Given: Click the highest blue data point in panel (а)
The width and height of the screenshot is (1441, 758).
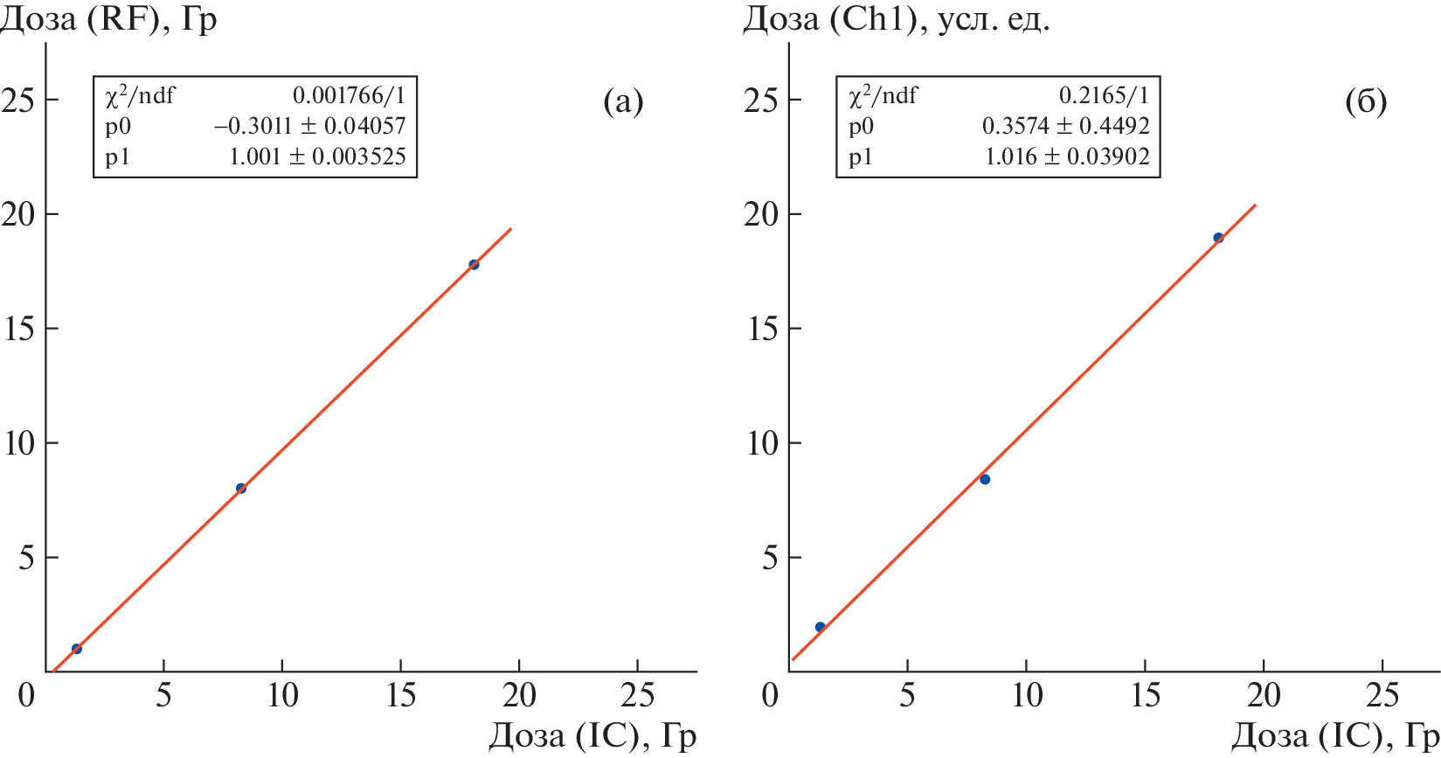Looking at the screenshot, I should click(x=474, y=265).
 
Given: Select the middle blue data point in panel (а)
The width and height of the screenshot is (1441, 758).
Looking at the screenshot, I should click(x=241, y=489).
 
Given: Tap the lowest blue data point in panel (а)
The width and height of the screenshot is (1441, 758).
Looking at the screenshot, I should click(x=77, y=649).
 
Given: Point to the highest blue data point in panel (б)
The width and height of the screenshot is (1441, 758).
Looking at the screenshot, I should click(x=1218, y=238).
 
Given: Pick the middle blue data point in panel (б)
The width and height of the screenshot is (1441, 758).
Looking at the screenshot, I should click(x=985, y=479).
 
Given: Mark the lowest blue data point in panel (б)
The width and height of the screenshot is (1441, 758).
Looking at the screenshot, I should click(x=820, y=627).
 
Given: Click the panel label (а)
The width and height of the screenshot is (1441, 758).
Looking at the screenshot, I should click(x=623, y=102).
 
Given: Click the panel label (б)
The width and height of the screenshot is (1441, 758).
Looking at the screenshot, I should click(x=1366, y=102).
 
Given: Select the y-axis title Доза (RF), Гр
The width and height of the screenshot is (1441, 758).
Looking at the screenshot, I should click(x=108, y=19).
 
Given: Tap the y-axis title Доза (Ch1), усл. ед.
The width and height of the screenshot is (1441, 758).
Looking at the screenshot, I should click(x=897, y=19).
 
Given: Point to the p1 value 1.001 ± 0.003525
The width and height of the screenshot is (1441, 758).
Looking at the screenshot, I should click(x=317, y=156).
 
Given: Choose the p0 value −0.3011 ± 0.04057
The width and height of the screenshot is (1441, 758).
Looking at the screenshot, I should click(x=310, y=126).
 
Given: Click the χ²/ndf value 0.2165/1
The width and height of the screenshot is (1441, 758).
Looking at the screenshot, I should click(x=1104, y=94).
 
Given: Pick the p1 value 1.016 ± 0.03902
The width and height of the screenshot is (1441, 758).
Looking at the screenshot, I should click(x=1067, y=156).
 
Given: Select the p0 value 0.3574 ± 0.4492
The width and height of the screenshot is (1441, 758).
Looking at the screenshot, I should click(x=1065, y=126).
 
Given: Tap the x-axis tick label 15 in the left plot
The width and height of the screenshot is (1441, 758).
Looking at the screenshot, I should click(x=400, y=696).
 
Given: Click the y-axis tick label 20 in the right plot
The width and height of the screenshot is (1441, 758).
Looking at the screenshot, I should click(x=761, y=214).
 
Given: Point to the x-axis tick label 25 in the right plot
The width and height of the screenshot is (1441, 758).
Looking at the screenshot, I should click(x=1382, y=696).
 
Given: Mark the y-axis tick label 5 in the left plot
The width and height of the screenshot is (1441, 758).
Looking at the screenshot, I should click(x=26, y=558).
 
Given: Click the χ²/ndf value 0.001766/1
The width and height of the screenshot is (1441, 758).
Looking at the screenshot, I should click(x=349, y=94).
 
